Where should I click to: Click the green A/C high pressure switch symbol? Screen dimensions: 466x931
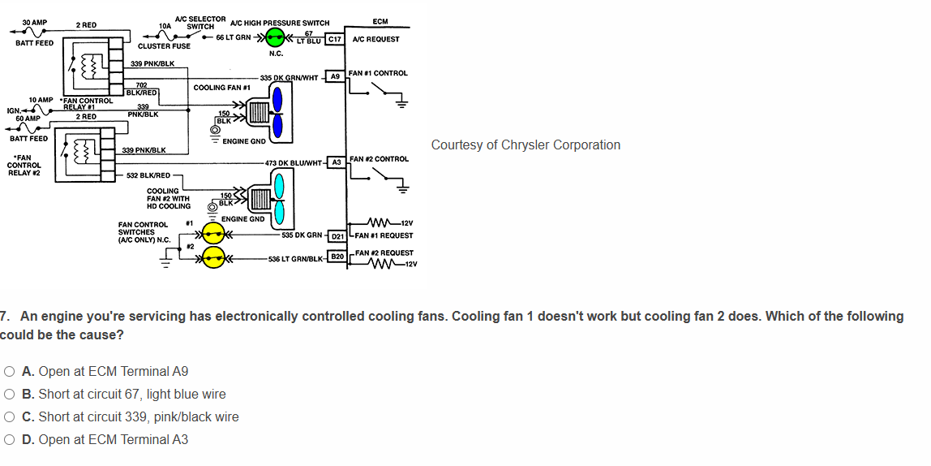278,37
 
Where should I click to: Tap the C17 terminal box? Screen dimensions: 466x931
335,39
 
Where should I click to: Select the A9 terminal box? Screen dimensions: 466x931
335,76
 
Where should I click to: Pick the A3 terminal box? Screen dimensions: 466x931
335,162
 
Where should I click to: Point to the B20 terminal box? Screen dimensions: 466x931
337,256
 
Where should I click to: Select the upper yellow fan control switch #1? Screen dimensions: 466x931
213,235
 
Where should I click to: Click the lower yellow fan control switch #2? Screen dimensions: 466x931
213,258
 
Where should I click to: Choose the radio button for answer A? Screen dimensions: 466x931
9,372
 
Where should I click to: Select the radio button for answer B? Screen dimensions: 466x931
9,395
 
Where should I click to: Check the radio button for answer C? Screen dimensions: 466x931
9,417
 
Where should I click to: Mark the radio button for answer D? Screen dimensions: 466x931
9,440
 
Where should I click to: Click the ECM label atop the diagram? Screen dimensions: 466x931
380,22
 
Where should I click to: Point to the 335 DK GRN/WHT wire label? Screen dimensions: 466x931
289,77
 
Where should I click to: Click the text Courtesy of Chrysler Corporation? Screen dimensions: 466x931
526,145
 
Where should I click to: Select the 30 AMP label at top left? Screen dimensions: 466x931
34,22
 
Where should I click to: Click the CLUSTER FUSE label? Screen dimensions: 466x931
164,46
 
